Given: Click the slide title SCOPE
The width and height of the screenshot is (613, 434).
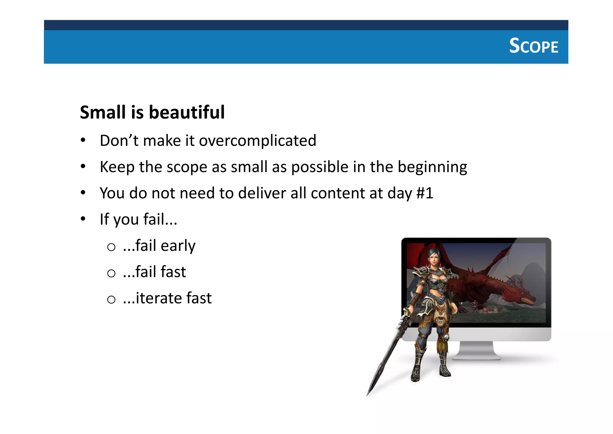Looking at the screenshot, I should (x=533, y=46).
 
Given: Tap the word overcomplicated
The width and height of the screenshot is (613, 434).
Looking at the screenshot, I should (x=257, y=141).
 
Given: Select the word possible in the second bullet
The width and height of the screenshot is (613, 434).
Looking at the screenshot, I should (x=320, y=167).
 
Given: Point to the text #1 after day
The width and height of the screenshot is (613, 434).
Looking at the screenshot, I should (x=425, y=193).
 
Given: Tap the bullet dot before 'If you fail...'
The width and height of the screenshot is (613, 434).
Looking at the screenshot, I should (x=83, y=218).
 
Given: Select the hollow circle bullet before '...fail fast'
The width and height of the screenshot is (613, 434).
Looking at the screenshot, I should (x=111, y=273).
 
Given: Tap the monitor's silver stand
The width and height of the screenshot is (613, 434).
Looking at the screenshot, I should (x=476, y=351).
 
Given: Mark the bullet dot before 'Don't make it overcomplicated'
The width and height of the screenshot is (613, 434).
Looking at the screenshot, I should (x=83, y=140).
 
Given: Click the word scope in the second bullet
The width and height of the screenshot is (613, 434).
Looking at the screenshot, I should (x=186, y=167).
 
